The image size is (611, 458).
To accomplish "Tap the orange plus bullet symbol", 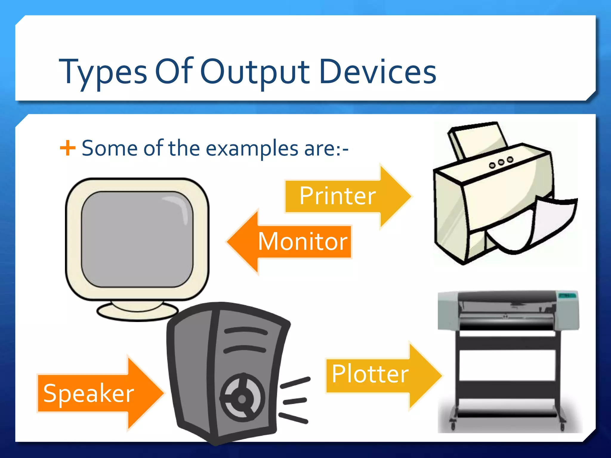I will pos(67,148).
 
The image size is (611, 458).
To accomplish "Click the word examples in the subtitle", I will pos(252,148).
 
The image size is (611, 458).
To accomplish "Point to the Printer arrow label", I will pos(337,196).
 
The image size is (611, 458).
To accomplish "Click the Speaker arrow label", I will pos(89,393).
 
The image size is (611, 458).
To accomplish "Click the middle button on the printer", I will pos(501,162).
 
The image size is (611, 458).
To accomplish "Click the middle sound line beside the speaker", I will pos(295,401).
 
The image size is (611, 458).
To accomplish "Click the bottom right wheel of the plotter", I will pos(562,427).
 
